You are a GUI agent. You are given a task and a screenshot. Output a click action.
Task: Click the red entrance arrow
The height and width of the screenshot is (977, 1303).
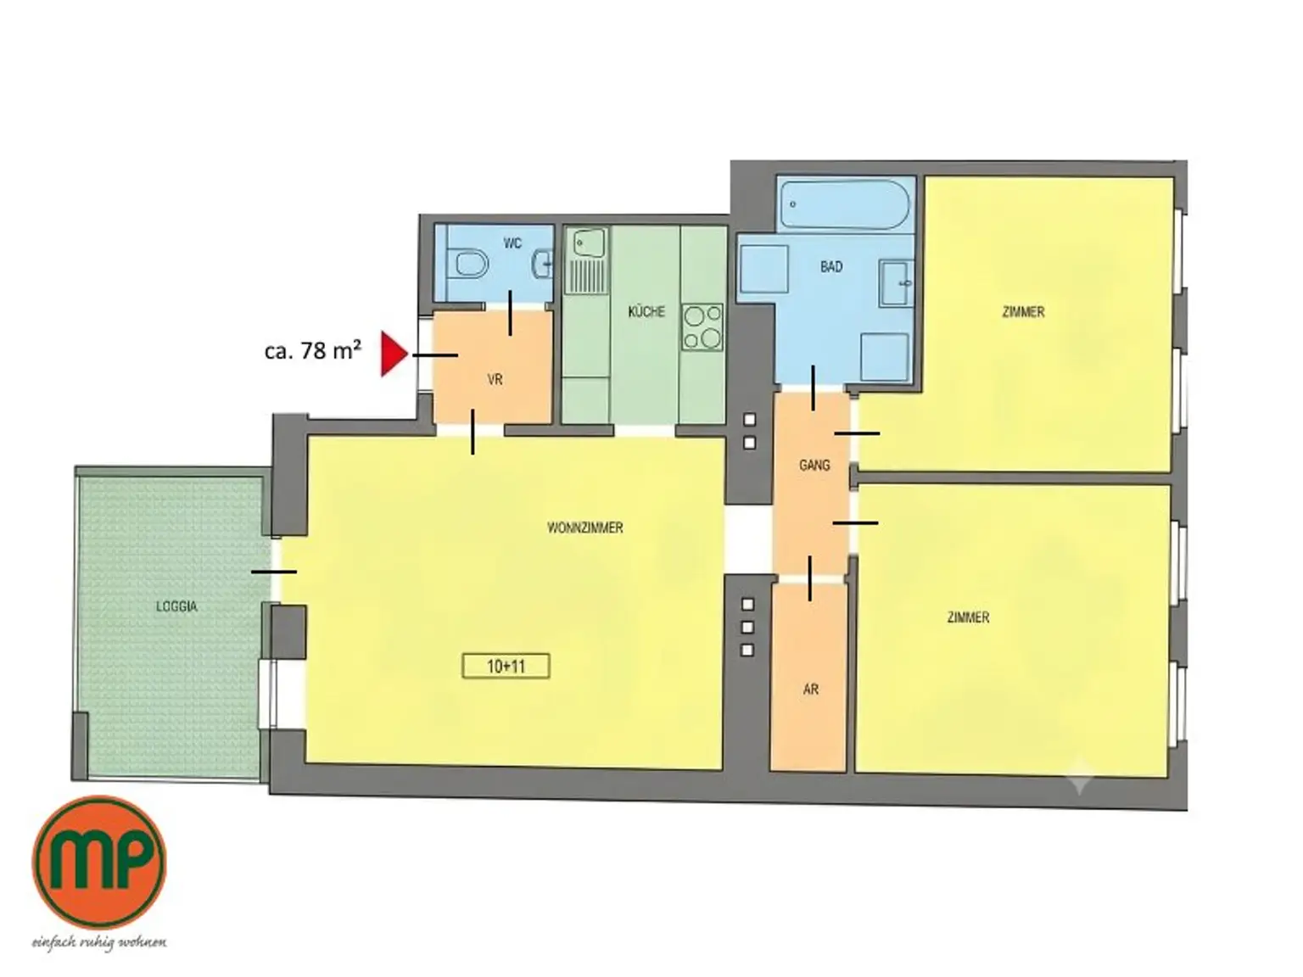393,355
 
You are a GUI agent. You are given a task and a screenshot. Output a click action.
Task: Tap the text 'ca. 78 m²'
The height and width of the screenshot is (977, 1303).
313,350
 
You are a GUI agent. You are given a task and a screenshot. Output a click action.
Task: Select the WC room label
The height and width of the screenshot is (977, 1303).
512,243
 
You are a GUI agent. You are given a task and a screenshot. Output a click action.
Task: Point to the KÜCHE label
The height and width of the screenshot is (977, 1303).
646,311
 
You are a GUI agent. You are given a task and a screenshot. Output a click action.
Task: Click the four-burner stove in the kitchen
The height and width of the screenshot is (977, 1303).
702,327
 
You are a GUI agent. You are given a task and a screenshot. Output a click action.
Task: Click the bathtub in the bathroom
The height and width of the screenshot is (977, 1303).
845,204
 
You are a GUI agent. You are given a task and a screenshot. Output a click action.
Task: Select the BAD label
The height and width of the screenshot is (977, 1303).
831,267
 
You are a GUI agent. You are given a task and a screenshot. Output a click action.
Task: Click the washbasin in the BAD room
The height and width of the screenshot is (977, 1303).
897,283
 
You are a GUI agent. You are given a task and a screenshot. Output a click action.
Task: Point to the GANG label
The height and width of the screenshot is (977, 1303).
814,466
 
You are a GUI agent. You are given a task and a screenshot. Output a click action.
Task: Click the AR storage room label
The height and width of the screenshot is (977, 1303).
810,689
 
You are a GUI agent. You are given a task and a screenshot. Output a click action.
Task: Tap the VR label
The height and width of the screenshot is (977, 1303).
495,380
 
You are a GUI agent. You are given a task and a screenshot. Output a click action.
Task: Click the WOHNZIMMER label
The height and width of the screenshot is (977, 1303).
584,528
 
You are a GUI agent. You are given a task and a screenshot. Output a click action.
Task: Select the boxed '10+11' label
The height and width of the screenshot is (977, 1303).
506,666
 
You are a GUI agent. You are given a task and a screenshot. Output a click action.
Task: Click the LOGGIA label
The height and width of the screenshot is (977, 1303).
176,607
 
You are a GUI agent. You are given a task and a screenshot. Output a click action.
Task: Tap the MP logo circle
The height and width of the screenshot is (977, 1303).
99,863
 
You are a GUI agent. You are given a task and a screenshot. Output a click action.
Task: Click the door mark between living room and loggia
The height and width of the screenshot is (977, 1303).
274,572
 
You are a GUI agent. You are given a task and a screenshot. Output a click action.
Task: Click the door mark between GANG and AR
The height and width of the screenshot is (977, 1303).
810,578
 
